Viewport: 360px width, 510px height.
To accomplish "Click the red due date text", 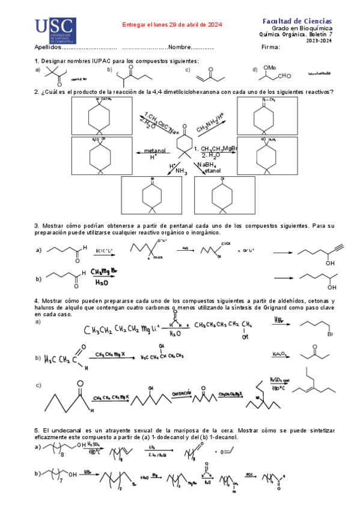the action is point(172,25).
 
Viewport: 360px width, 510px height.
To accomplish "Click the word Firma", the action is point(272,48).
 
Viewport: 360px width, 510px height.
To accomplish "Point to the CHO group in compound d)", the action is point(284,76).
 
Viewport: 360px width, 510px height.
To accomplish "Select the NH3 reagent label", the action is point(182,171).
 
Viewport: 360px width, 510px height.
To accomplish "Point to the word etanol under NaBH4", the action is point(213,171).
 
